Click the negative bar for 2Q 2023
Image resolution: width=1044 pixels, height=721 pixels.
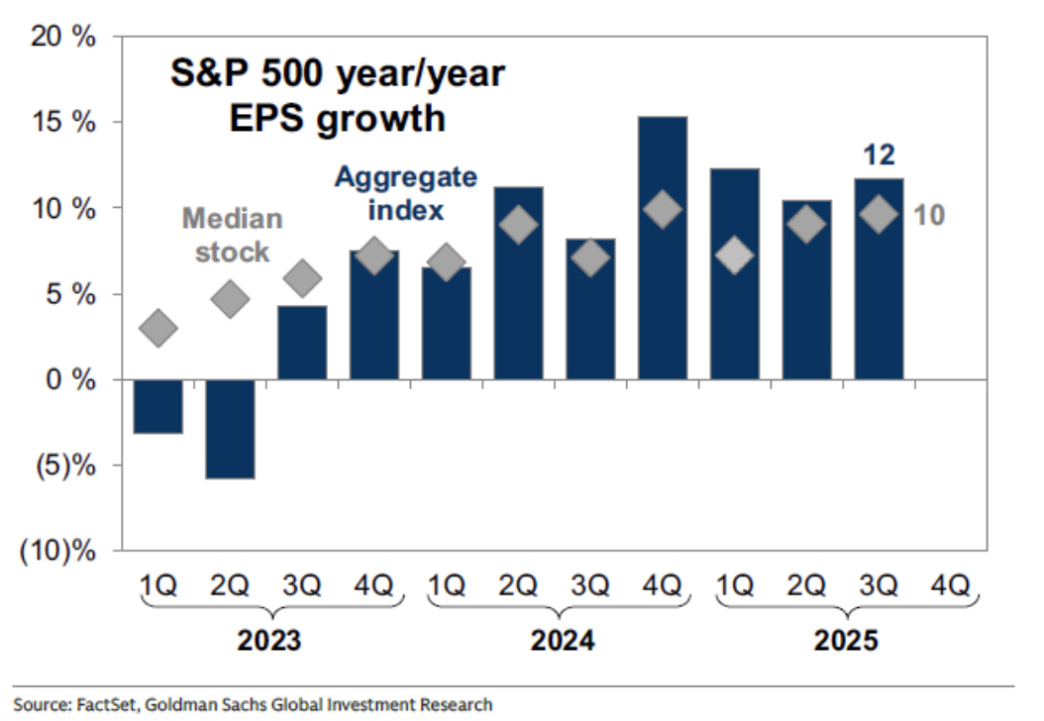click(x=230, y=428)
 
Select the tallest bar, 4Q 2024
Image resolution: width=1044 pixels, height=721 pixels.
click(x=663, y=248)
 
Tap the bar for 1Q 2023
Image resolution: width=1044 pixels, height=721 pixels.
click(x=157, y=406)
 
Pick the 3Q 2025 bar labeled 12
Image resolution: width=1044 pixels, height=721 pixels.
click(x=879, y=278)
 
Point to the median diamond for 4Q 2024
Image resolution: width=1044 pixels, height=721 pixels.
click(x=663, y=209)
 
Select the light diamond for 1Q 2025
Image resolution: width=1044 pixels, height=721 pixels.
click(x=735, y=255)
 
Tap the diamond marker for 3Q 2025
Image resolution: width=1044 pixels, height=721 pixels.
click(x=879, y=214)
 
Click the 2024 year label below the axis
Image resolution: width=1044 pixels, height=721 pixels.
click(x=563, y=641)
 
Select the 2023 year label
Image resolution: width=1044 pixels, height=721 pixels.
click(x=269, y=641)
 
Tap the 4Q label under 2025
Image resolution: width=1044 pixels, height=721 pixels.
click(x=950, y=585)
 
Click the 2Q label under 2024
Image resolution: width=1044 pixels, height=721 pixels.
click(x=518, y=585)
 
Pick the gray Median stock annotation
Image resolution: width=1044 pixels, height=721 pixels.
click(x=232, y=236)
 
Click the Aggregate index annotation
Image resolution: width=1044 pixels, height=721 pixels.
click(x=405, y=194)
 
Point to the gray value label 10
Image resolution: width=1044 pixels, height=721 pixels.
click(x=928, y=214)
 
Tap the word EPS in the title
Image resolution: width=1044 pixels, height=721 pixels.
click(x=270, y=119)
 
